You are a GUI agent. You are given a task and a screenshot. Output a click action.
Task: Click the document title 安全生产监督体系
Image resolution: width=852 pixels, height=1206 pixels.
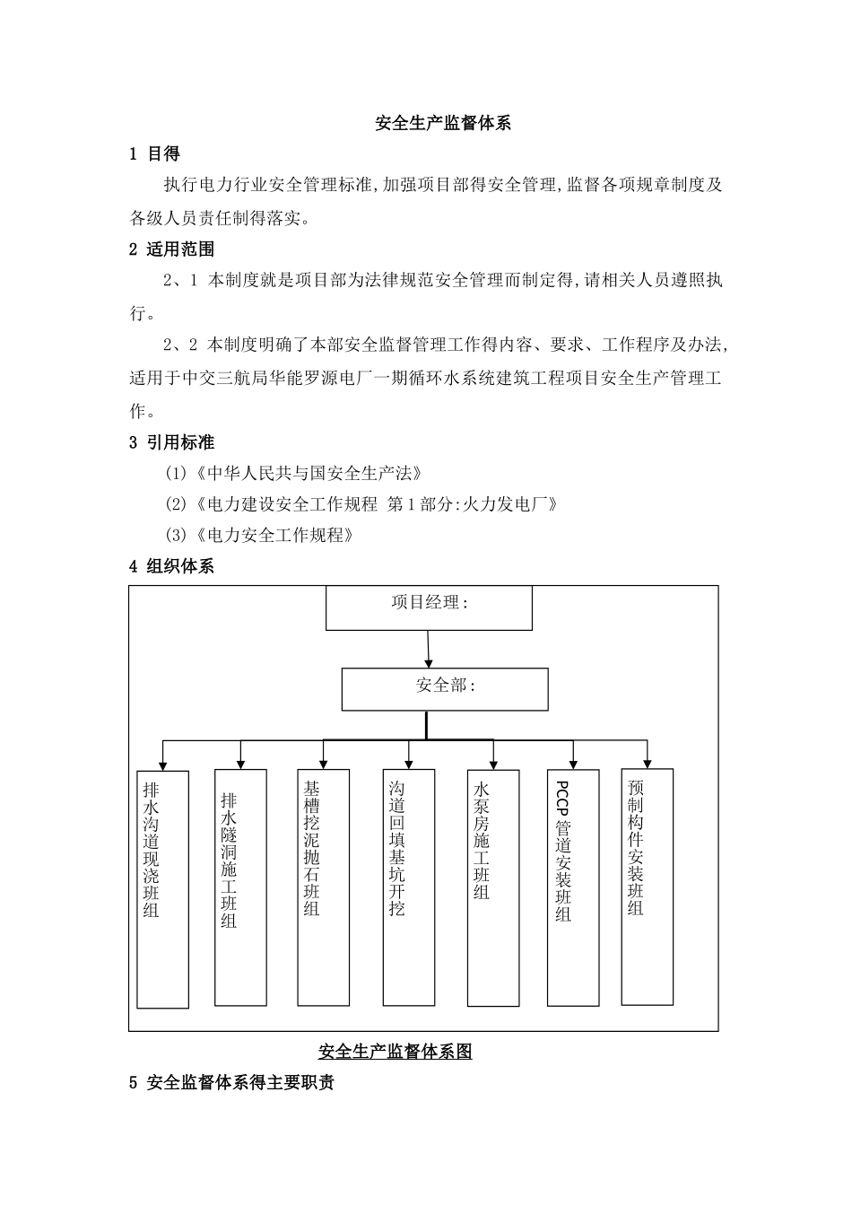pyautogui.click(x=443, y=124)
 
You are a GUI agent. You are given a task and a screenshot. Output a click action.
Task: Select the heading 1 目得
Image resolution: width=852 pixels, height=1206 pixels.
pyautogui.click(x=155, y=154)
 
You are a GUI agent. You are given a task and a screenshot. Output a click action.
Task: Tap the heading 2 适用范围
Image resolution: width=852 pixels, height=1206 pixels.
pyautogui.click(x=171, y=249)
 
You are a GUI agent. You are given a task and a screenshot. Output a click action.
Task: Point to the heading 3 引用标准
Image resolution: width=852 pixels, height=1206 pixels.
pyautogui.click(x=171, y=441)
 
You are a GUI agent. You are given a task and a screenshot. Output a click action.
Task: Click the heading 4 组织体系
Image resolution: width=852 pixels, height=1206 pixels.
pyautogui.click(x=171, y=566)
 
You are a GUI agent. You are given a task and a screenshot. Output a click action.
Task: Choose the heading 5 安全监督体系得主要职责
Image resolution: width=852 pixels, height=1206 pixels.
pyautogui.click(x=231, y=1083)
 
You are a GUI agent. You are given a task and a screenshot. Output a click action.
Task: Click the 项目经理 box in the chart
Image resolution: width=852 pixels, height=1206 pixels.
pyautogui.click(x=429, y=607)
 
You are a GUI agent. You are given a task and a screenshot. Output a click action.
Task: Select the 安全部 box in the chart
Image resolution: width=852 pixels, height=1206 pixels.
pyautogui.click(x=445, y=689)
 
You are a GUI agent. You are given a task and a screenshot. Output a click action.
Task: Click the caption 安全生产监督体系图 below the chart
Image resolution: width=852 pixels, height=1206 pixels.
pyautogui.click(x=395, y=1052)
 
